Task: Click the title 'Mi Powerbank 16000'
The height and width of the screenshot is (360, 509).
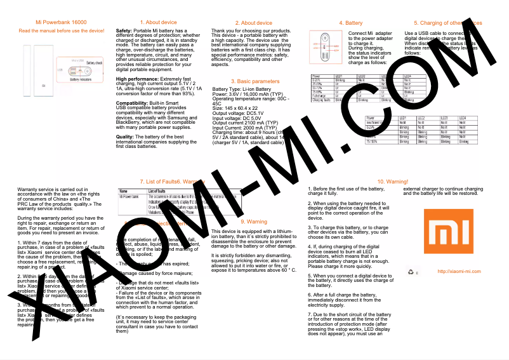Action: (x=61, y=22)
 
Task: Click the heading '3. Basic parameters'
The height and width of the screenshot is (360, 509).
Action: (x=255, y=81)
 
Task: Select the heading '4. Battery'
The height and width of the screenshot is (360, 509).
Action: (x=350, y=22)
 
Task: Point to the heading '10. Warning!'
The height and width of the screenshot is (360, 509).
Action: (x=392, y=182)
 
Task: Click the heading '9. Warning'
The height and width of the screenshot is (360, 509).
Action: (x=254, y=222)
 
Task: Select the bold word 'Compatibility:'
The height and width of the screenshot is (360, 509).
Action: (x=132, y=102)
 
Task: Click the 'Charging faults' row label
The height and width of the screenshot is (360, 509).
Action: (x=321, y=100)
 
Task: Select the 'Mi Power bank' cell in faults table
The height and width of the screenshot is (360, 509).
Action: (x=130, y=197)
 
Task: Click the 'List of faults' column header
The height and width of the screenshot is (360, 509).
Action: (x=157, y=191)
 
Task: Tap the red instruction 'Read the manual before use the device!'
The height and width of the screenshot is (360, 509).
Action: (x=61, y=30)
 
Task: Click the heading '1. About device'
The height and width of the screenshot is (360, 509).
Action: (x=154, y=22)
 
